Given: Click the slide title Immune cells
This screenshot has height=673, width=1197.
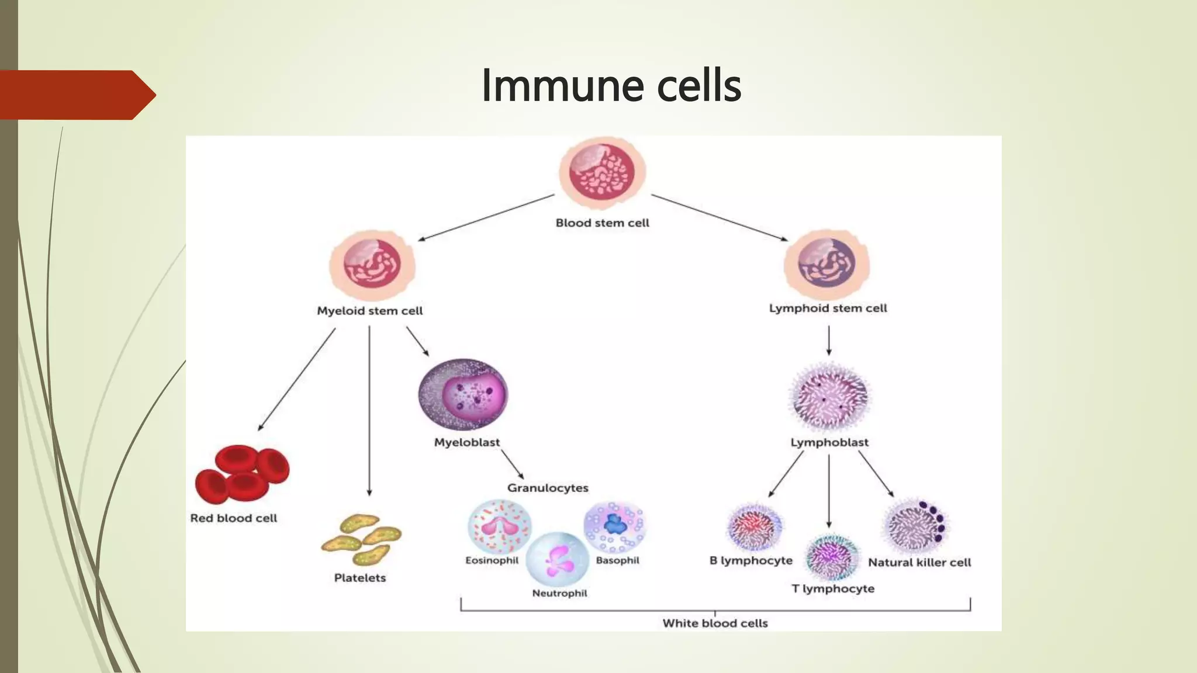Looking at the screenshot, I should pos(611,85).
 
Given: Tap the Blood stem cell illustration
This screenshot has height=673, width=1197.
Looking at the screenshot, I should pos(602,173).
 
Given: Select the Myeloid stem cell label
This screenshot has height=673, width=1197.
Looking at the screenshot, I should pos(369,311).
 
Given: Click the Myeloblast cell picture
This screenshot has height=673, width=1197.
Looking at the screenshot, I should pos(463,394).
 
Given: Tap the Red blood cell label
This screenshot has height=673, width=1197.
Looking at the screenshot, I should pos(234,518).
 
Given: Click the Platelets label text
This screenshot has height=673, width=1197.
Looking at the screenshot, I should pos(360,578).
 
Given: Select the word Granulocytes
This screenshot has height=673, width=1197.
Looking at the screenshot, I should pos(548,488).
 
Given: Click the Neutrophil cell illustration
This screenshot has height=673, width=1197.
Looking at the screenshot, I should pos(558,559).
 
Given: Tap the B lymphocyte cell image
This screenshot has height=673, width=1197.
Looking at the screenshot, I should pos(755,528).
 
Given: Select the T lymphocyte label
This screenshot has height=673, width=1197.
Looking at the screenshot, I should pos(833,589).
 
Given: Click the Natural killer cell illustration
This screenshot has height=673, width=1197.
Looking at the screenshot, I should pos(915,526).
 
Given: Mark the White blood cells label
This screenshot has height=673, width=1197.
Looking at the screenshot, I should pos(715,623).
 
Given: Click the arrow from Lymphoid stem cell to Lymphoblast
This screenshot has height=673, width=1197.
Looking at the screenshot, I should pos(829,341).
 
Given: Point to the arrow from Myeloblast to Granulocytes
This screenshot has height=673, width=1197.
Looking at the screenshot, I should pos(513,464).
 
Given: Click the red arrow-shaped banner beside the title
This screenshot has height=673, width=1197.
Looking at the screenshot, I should pos(76,95).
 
